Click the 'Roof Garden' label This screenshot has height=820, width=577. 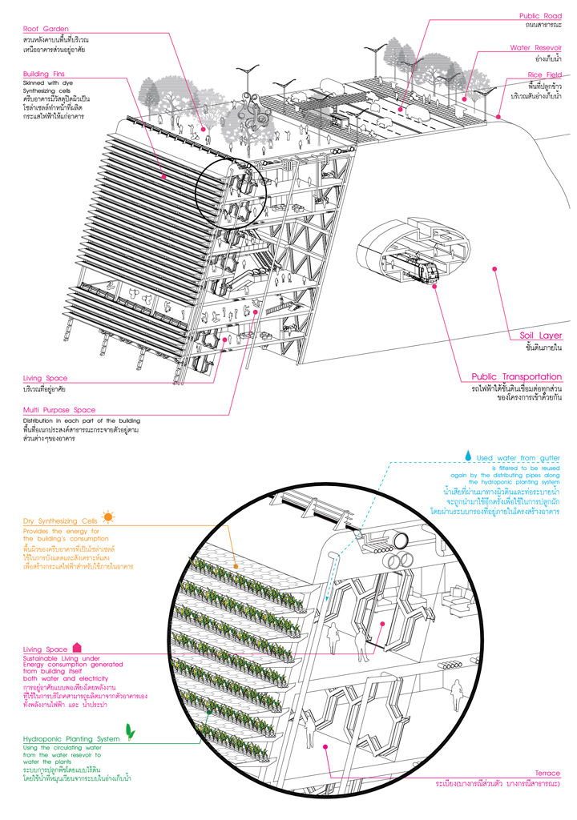point(46,29)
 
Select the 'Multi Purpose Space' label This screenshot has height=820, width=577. point(59,410)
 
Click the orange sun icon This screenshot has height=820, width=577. point(108,518)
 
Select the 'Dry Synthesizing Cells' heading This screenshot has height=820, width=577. point(60,521)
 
